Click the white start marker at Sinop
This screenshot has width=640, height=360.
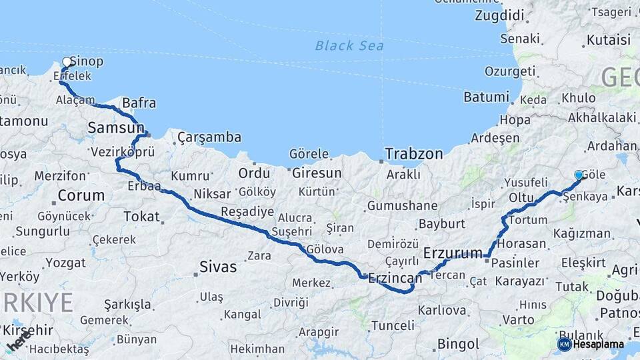pos(67,62)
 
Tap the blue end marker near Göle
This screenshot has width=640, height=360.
pos(579,175)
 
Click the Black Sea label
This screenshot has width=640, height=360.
pos(349,45)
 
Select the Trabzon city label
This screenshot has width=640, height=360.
pos(413,154)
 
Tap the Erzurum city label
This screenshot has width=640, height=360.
pos(453,253)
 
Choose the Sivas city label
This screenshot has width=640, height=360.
pos(218,267)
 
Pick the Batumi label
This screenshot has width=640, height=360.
pos(486,97)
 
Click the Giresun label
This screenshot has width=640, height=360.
pos(317,173)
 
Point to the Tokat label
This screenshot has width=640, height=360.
pos(141,216)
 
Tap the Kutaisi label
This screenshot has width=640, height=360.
pos(609,40)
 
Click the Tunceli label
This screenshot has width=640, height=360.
pos(392,325)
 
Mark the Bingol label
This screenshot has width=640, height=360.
pos(458,344)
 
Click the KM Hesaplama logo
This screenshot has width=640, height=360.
pos(591,344)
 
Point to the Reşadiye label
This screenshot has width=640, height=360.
pos(247,212)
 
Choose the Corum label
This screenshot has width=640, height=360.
pos(81,196)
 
